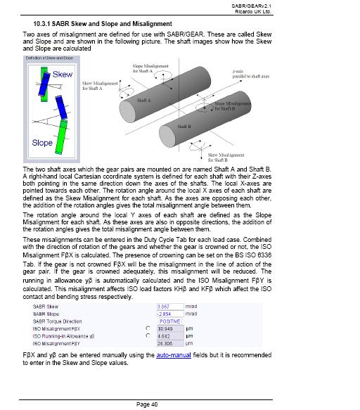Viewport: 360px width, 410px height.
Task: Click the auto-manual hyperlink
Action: tap(174, 355)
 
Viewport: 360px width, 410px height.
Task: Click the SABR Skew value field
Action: tap(170, 307)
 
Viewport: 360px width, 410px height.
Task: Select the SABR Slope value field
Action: tap(170, 314)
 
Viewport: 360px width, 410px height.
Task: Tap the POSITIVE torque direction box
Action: tap(170, 321)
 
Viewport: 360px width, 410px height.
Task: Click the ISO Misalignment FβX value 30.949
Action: tap(170, 328)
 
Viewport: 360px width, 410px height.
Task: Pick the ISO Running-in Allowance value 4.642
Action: tap(170, 336)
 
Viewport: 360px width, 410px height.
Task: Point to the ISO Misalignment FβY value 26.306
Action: tap(170, 343)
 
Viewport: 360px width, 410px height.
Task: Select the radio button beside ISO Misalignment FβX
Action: tap(148, 328)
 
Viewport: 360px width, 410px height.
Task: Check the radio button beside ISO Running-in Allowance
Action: tap(148, 335)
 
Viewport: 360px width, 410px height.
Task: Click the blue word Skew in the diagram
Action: tap(62, 75)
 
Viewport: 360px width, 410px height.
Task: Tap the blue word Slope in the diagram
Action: tap(42, 143)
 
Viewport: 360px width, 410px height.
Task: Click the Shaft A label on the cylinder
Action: tap(144, 101)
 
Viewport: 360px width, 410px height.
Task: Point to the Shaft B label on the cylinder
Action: tap(184, 127)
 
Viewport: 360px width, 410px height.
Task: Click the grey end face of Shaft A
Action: tap(127, 112)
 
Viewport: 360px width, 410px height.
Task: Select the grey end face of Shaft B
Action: tap(167, 136)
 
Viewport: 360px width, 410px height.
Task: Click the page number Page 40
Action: tap(147, 404)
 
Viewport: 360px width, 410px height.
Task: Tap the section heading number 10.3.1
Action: tap(41, 24)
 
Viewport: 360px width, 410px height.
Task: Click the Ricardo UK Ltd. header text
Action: tap(253, 12)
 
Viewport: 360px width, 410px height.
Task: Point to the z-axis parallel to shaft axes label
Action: tap(251, 74)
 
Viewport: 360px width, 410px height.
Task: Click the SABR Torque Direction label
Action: tap(57, 321)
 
